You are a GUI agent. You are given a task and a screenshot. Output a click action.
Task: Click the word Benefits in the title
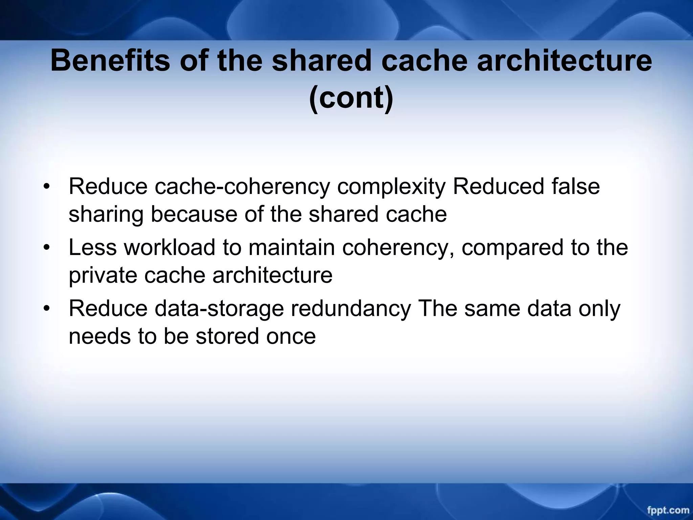tap(110, 61)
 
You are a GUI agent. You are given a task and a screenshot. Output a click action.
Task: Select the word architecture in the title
tap(564, 61)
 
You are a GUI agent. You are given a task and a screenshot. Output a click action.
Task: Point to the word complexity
tap(392, 187)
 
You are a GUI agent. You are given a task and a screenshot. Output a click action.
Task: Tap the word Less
tap(93, 247)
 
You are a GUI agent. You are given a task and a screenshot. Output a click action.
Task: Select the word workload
tap(170, 247)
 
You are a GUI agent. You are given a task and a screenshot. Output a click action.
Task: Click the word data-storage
tap(219, 309)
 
